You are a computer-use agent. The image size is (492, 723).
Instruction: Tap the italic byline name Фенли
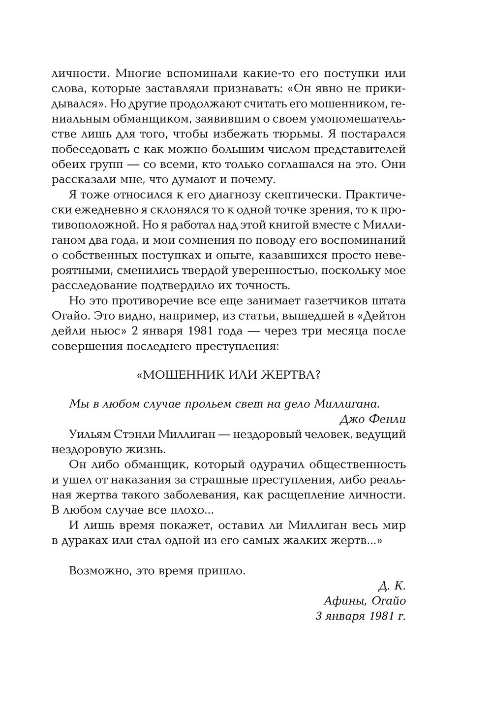click(387, 419)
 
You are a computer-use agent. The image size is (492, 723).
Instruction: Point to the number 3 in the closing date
click(318, 616)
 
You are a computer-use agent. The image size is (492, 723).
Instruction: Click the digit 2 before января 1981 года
click(135, 331)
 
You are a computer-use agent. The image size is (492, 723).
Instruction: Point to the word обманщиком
click(137, 119)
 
